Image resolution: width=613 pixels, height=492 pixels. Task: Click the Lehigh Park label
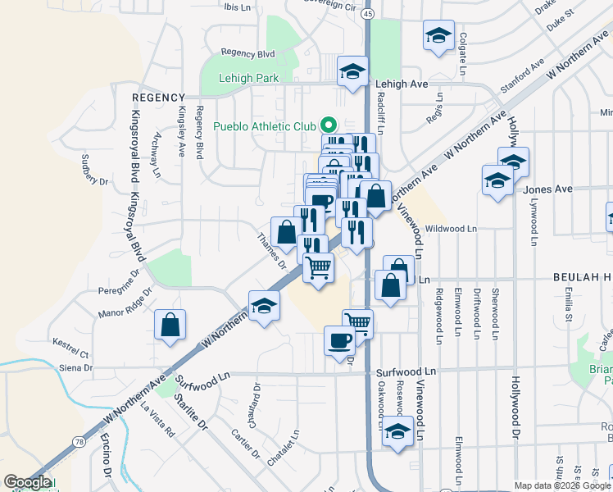pos(249,79)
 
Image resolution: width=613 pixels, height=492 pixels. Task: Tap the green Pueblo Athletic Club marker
pos(329,125)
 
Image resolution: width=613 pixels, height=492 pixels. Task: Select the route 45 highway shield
pos(368,15)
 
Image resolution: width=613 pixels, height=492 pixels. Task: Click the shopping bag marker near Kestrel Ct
pos(170,325)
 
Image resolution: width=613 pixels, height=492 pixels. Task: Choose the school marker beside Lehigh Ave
pos(352,72)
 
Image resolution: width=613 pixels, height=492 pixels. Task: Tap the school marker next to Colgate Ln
pos(438,36)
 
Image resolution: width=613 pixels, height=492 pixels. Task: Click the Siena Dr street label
pos(75,367)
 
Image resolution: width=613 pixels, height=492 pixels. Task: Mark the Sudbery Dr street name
pos(90,168)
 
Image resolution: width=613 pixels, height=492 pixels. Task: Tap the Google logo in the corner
pos(27,482)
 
